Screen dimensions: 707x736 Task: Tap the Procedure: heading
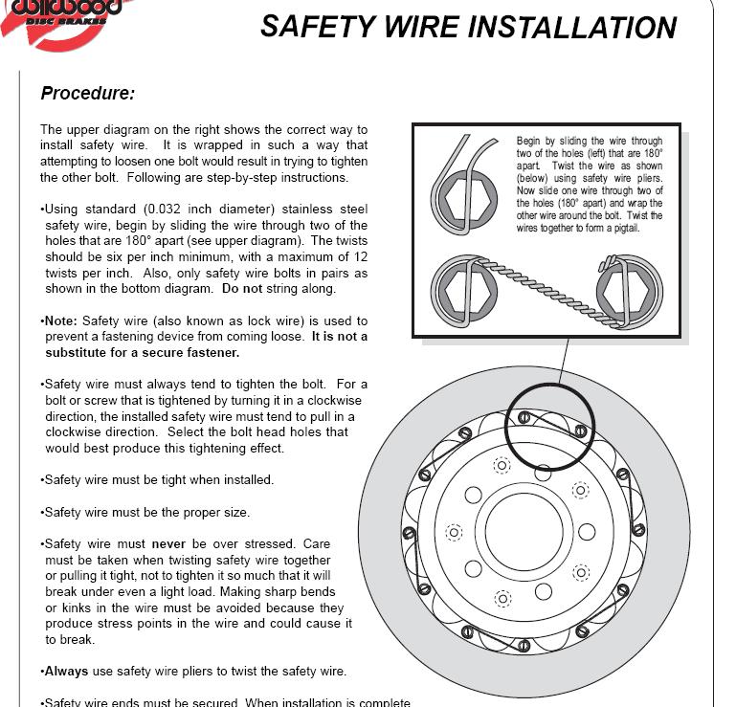click(x=87, y=94)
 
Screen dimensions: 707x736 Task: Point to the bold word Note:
click(x=63, y=321)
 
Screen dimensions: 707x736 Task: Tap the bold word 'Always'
click(x=66, y=671)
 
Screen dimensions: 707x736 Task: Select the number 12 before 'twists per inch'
click(x=359, y=256)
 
